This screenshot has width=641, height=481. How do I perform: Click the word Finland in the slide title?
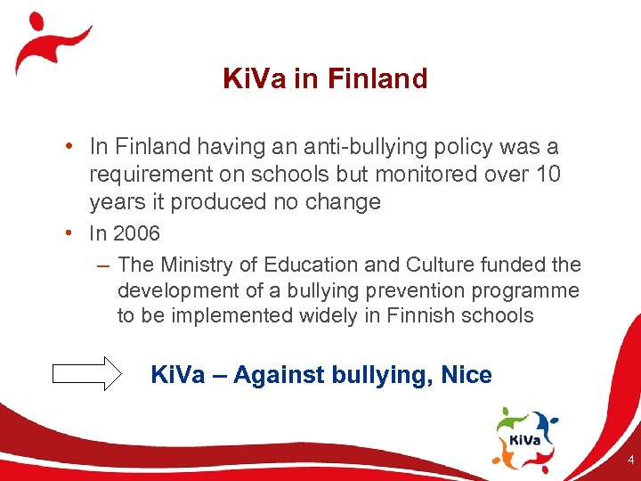(x=377, y=79)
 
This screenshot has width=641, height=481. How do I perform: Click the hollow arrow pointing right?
(x=86, y=373)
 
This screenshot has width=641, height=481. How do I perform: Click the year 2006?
(x=136, y=234)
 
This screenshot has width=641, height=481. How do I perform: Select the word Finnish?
(x=422, y=315)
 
